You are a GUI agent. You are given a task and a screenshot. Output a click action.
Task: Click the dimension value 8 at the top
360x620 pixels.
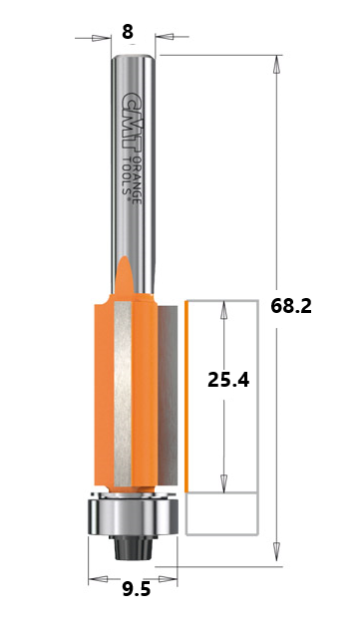(128, 32)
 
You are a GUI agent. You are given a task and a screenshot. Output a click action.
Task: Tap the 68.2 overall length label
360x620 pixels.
(291, 306)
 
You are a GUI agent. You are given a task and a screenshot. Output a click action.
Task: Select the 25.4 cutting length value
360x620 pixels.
(228, 381)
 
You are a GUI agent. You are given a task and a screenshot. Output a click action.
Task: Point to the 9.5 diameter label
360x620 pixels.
(137, 590)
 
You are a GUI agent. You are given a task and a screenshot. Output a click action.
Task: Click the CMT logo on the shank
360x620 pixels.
(131, 123)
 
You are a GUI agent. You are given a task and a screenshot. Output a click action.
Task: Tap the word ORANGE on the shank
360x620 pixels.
(136, 179)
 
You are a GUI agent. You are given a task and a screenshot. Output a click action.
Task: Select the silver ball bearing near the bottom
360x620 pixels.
(133, 516)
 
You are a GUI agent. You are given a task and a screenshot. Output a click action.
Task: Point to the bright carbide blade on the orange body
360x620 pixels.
(123, 394)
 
